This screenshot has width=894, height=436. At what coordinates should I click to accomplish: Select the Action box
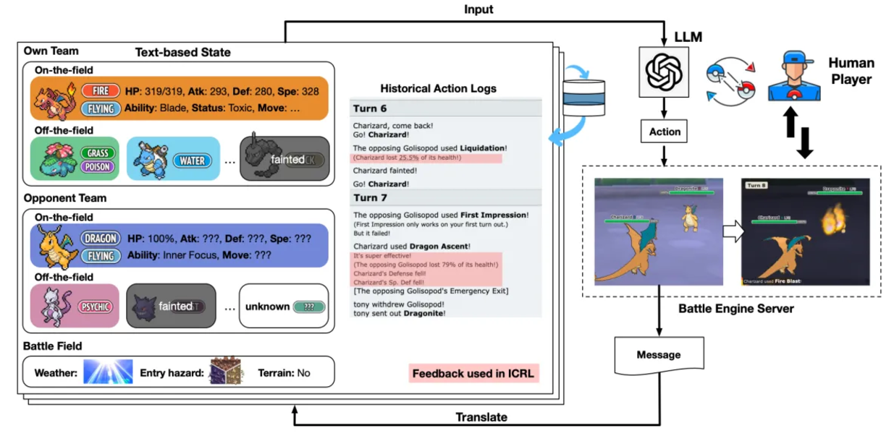point(665,132)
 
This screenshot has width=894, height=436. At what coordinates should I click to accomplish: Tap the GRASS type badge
point(98,153)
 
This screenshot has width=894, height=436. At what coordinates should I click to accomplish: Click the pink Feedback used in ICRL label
point(473,375)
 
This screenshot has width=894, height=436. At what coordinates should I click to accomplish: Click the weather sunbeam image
point(108,373)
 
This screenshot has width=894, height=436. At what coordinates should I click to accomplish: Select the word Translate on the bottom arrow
point(481,417)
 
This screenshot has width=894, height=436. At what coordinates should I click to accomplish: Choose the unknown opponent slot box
point(284,307)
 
